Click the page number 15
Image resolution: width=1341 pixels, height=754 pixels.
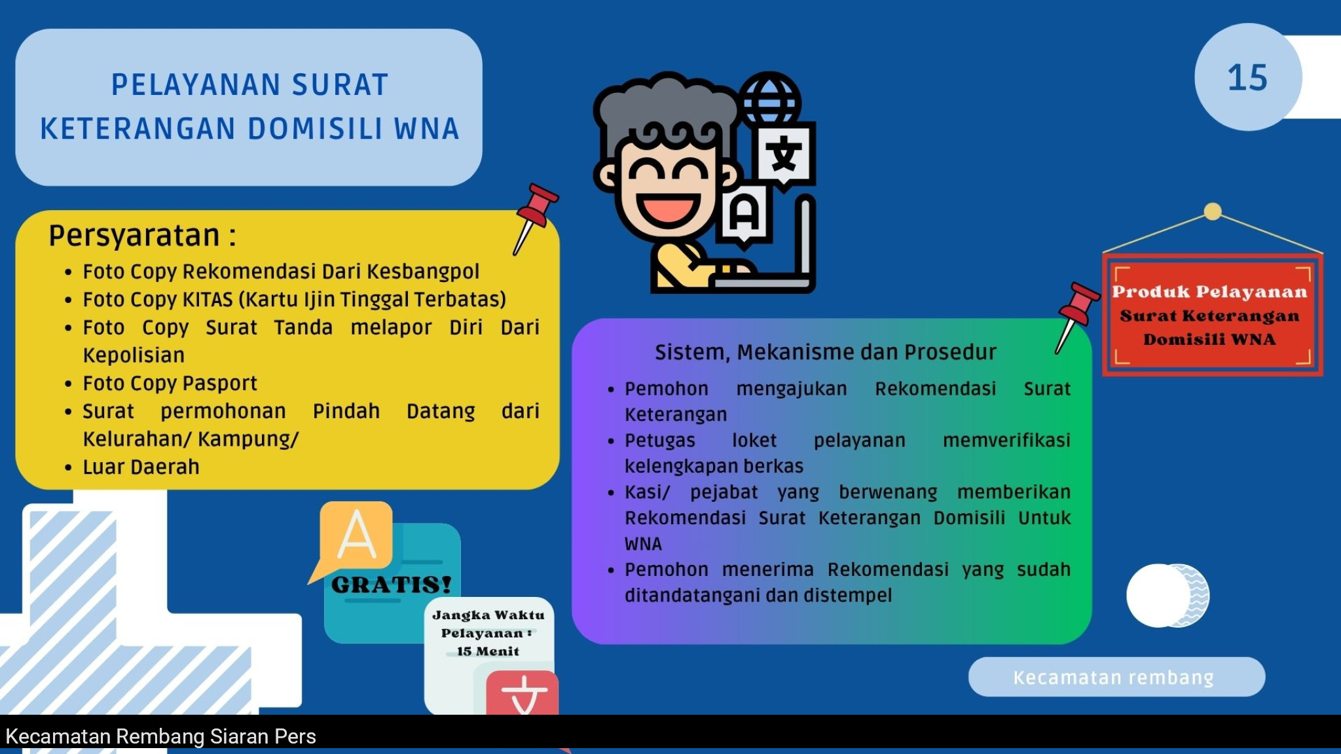tap(1247, 78)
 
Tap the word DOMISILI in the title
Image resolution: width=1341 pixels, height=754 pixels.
tap(315, 129)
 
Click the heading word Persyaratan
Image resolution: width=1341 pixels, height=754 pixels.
tap(134, 236)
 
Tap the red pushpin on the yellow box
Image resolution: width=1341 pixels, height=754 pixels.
tap(535, 219)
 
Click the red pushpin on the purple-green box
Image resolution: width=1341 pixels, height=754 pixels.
tap(1077, 318)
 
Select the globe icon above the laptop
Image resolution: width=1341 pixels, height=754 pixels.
tap(770, 102)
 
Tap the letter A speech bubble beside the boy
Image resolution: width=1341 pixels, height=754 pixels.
tap(744, 217)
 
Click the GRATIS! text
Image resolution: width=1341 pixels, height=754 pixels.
tap(392, 584)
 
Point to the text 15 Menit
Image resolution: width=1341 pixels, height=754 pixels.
tap(488, 651)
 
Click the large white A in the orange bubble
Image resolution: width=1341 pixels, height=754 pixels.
tap(357, 535)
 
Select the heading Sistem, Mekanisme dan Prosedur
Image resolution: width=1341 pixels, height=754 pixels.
tap(826, 352)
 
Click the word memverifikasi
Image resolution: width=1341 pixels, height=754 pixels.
tap(1006, 440)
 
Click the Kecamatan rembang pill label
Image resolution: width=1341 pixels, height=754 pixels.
tap(1116, 677)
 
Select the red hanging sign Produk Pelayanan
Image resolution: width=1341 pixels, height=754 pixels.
tap(1212, 315)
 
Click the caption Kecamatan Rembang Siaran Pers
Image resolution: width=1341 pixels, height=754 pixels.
tap(160, 737)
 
